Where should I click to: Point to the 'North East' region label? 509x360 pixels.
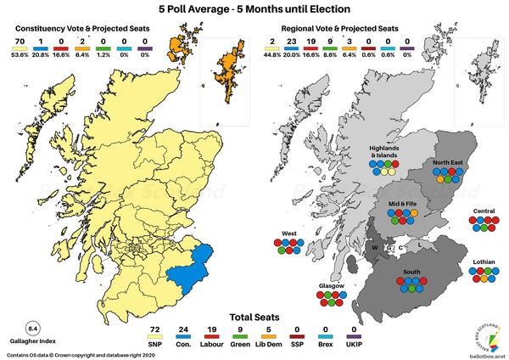coord(447,162)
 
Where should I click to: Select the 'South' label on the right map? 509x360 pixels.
coord(411,271)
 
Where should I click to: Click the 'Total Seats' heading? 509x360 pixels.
coord(254,313)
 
